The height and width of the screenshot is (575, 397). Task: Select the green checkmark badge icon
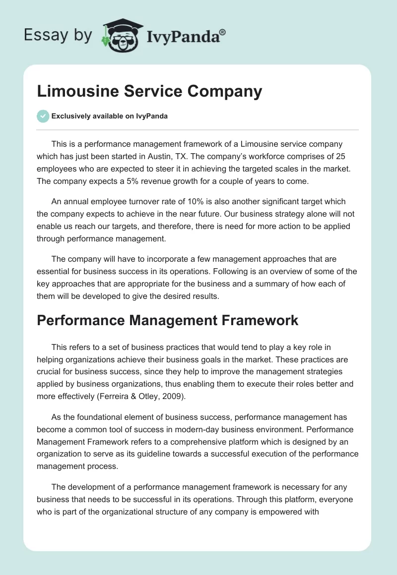pyautogui.click(x=43, y=116)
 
